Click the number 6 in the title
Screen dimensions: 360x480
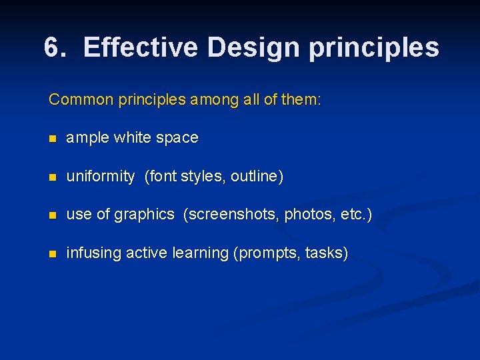(53, 47)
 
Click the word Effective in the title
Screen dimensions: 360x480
(141, 47)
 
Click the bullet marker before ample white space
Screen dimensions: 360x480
(53, 139)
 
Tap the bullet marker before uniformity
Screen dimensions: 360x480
(53, 177)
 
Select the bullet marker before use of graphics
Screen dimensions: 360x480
(53, 215)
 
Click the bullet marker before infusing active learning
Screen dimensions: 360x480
(53, 254)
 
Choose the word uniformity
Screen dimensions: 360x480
(101, 177)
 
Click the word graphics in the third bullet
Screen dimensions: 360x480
(144, 215)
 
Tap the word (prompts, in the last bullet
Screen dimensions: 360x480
(266, 253)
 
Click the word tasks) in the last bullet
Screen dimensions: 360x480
(326, 253)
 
